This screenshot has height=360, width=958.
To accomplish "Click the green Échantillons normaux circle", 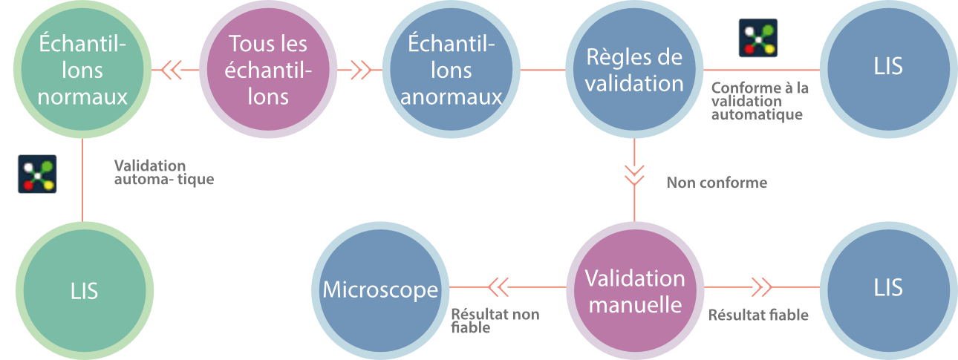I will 82,71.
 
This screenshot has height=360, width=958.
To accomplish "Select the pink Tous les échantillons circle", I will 268,71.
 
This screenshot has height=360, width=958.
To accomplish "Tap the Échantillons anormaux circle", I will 452,71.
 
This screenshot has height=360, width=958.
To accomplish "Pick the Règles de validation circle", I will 634,71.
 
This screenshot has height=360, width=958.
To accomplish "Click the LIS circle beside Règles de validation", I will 888,68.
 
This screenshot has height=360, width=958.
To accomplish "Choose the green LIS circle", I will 82,289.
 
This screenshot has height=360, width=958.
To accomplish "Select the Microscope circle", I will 380,289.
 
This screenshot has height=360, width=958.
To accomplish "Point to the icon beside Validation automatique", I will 37,174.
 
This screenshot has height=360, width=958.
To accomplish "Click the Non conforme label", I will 717,183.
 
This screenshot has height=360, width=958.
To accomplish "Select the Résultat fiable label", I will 757,315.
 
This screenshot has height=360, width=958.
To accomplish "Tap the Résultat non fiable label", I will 495,321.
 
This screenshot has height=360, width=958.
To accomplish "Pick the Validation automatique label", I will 164,172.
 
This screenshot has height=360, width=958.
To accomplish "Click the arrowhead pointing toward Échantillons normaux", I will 172,71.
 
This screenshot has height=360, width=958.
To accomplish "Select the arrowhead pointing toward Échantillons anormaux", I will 360,71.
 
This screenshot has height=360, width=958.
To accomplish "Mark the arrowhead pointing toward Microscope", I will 497,286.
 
